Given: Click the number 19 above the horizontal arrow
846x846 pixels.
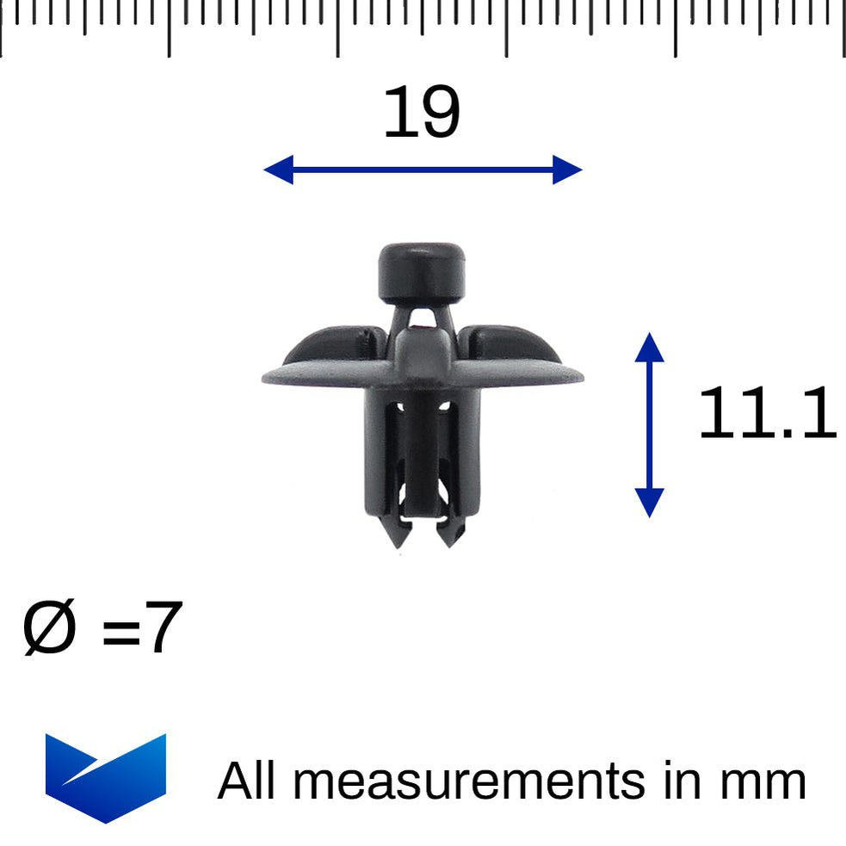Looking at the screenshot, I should coord(422,114).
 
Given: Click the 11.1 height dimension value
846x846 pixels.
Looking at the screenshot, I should coord(766,415).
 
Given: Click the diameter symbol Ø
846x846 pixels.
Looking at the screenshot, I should coord(50,629).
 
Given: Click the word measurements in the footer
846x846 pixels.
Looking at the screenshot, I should coord(467,781).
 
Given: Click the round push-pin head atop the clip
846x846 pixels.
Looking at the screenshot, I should coord(422,270).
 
